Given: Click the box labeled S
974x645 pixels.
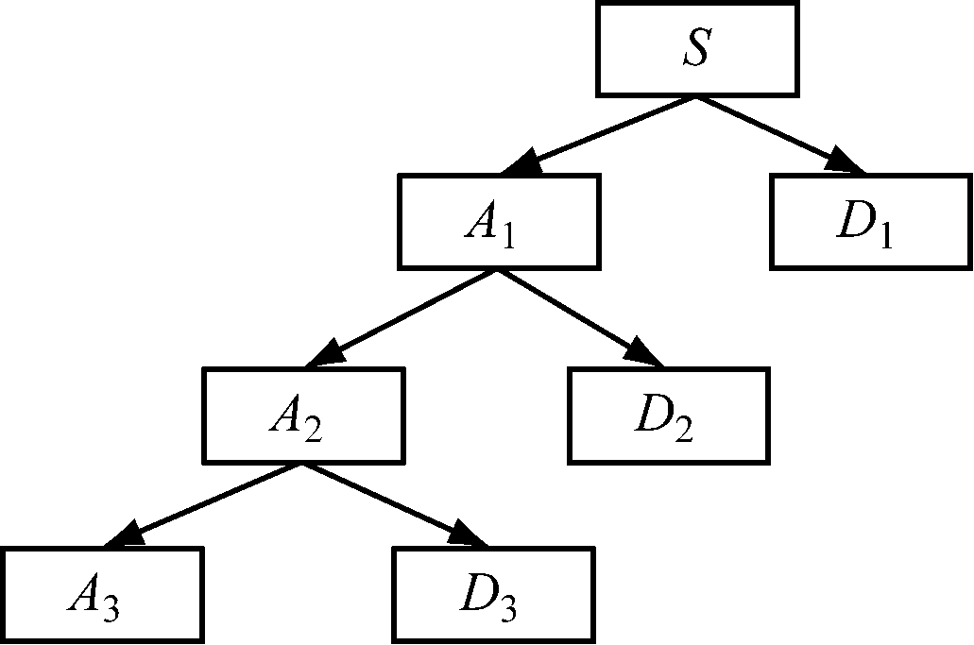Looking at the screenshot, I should pyautogui.click(x=695, y=49).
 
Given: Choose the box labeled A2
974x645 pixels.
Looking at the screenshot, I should pyautogui.click(x=303, y=416).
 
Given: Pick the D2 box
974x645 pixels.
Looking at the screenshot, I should pyautogui.click(x=669, y=416).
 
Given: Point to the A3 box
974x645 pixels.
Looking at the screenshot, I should pyautogui.click(x=102, y=595).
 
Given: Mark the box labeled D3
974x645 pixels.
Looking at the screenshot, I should pyautogui.click(x=493, y=595).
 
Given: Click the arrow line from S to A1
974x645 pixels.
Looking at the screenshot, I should pyautogui.click(x=605, y=132).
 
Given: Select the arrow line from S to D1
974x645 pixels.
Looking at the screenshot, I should pyautogui.click(x=775, y=132).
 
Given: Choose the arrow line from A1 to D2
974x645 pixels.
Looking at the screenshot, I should pyautogui.click(x=576, y=315).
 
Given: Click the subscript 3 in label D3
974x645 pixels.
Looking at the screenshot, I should pyautogui.click(x=509, y=609).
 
